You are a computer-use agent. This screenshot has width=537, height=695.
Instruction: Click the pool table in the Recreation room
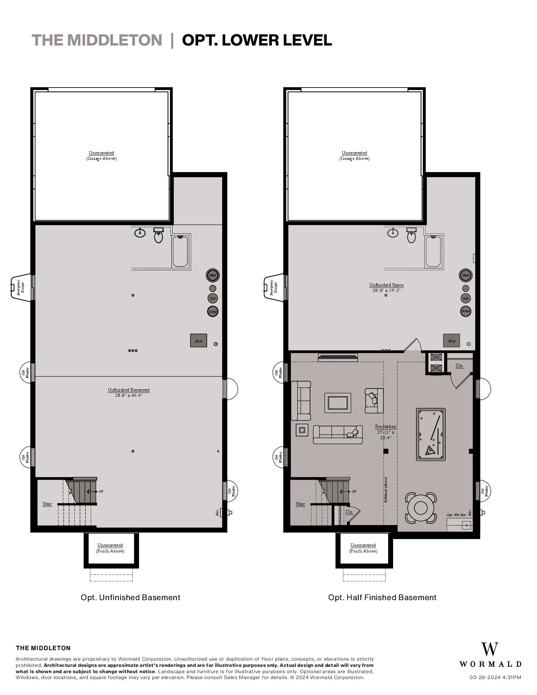click(431, 434)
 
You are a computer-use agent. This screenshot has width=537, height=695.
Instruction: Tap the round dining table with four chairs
click(421, 508)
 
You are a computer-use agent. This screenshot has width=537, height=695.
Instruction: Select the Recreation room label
click(385, 426)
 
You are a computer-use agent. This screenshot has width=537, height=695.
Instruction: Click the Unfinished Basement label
click(129, 390)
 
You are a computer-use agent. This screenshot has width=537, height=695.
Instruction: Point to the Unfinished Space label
click(386, 285)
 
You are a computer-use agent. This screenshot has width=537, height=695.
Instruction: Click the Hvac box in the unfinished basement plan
click(198, 341)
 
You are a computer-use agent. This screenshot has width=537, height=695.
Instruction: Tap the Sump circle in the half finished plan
click(465, 311)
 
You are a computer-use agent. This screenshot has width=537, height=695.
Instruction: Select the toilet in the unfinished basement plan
click(158, 236)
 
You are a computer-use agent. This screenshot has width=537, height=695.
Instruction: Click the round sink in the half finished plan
click(393, 232)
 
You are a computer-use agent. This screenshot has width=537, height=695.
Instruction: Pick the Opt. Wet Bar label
click(456, 515)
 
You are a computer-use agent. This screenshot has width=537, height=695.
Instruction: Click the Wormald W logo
click(489, 649)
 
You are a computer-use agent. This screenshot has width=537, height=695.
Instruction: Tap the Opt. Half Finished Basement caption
click(382, 597)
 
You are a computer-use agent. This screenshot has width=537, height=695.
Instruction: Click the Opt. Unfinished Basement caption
click(130, 597)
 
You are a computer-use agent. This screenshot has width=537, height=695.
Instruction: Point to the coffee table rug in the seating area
click(337, 403)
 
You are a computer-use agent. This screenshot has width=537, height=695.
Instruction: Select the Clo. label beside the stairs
click(349, 512)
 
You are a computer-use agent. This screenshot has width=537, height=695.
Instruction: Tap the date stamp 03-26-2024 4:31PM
click(495, 677)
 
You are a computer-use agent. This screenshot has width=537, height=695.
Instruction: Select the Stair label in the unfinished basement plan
click(47, 504)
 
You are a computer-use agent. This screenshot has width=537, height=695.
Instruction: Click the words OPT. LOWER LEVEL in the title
click(257, 40)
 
